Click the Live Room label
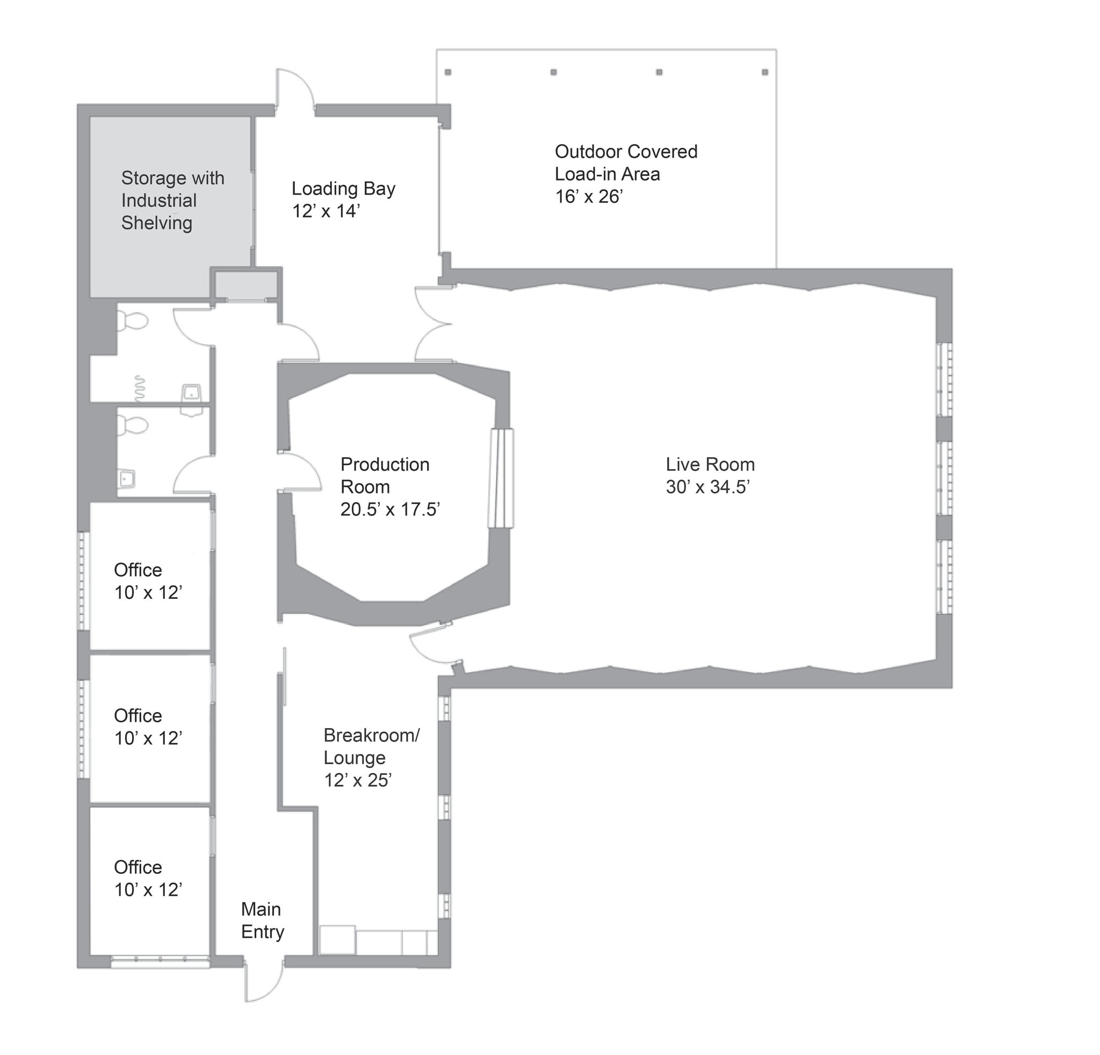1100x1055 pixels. [x=710, y=465]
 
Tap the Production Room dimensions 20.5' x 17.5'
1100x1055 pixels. [x=390, y=510]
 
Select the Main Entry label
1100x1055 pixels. [x=262, y=921]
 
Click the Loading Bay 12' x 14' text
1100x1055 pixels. [x=343, y=199]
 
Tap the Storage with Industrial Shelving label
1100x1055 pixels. [x=172, y=200]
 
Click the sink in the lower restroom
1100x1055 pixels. [x=127, y=479]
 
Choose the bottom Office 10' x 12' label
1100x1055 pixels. [x=148, y=879]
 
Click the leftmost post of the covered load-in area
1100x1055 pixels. [x=448, y=73]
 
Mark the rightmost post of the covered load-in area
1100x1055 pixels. [x=765, y=73]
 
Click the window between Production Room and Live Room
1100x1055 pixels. [x=501, y=478]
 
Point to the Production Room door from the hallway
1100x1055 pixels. [x=301, y=472]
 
